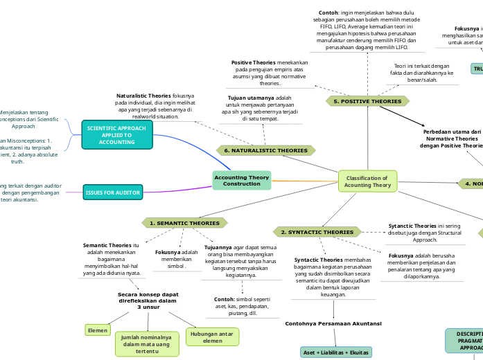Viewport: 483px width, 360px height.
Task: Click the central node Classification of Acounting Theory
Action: pos(367,181)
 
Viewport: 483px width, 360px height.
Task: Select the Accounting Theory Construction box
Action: pos(242,180)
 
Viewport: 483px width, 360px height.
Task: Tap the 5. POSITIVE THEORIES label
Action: pos(367,101)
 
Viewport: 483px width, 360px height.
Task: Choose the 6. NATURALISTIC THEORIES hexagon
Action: pos(265,150)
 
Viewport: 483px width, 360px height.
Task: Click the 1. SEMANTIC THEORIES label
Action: pos(184,223)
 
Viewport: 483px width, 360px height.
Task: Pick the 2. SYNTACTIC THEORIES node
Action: pos(317,232)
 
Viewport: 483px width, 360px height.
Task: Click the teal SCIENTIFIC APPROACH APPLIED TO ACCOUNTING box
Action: pos(116,135)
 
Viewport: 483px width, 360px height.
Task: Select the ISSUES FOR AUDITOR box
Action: pos(112,192)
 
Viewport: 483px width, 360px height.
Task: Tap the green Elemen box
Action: pos(98,330)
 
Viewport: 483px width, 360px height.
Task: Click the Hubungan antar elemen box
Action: pos(213,336)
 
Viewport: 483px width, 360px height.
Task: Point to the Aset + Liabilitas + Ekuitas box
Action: pos(335,352)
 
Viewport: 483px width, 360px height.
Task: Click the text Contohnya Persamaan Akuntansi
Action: pos(333,323)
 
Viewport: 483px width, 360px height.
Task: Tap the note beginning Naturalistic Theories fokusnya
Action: pos(155,106)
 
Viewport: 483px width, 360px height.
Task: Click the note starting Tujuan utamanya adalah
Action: pos(260,108)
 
